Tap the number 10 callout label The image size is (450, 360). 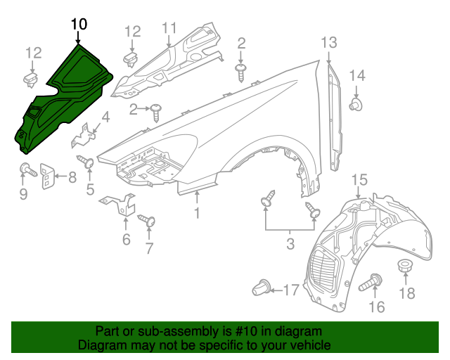[x=79, y=25]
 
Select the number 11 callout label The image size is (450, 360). [x=169, y=29]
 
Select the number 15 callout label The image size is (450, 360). [x=359, y=181]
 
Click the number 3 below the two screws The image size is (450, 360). [x=290, y=244]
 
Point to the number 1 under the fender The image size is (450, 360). [x=198, y=212]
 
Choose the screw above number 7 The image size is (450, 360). [x=147, y=221]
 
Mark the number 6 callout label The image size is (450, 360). [x=126, y=240]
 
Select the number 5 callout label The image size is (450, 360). [x=90, y=188]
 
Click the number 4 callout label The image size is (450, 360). [x=105, y=118]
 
